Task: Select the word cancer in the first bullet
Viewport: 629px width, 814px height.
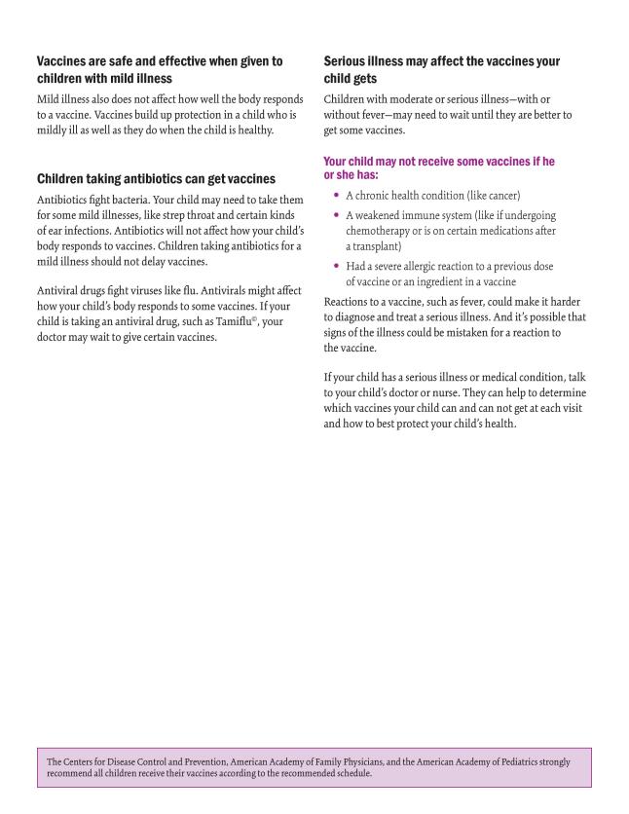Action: coord(498,196)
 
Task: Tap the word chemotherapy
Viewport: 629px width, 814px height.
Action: coord(384,231)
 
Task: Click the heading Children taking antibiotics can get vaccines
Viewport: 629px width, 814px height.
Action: coord(156,179)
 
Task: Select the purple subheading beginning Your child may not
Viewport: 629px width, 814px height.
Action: coord(438,167)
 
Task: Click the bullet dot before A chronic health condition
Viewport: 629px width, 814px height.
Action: coord(336,196)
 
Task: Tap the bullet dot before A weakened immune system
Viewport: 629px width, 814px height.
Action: coord(336,215)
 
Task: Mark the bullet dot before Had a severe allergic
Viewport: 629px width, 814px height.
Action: coord(336,266)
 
